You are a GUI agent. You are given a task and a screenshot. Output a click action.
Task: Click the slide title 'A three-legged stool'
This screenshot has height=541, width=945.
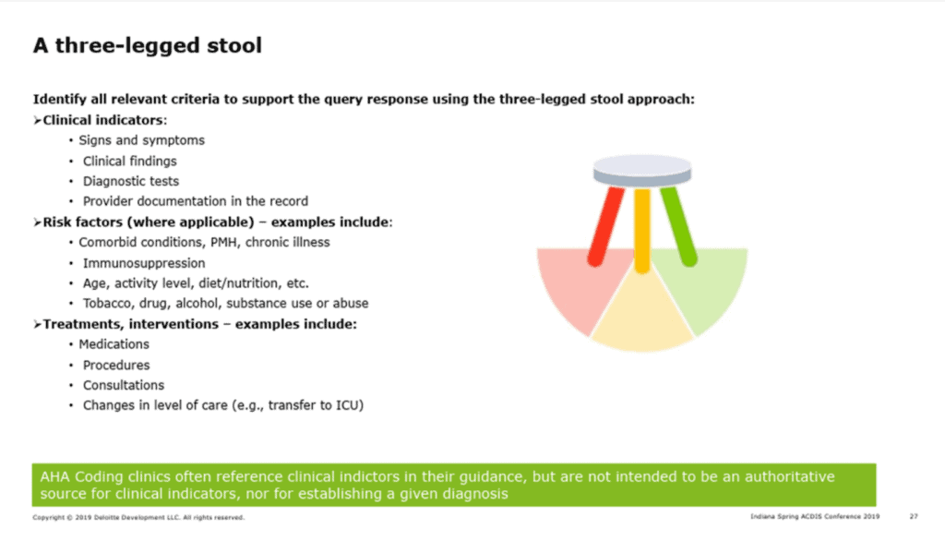[148, 45]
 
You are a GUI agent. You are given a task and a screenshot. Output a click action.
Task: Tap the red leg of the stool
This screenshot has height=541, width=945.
[605, 227]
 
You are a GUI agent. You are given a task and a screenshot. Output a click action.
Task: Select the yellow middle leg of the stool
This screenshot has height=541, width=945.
[642, 231]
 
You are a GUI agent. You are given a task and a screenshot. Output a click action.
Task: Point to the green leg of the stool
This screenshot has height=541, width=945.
[678, 226]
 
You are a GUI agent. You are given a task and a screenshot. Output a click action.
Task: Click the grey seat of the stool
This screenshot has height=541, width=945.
[642, 171]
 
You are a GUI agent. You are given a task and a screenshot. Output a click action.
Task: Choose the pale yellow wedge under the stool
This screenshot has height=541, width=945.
[642, 319]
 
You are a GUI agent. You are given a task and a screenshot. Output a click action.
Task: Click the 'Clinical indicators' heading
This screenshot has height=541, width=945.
[103, 120]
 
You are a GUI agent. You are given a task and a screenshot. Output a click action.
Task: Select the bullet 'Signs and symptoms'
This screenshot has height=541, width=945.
[141, 140]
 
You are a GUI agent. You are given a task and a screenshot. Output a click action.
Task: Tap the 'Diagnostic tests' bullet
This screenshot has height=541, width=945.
[131, 181]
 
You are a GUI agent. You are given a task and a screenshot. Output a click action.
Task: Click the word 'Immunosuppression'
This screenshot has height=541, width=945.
[144, 263]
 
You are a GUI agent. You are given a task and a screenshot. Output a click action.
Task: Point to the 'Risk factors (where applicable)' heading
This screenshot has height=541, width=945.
[149, 222]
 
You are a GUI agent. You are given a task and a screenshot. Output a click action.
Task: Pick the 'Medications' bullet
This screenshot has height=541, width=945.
[114, 343]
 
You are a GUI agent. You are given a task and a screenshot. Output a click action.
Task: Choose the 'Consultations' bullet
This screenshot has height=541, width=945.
[124, 385]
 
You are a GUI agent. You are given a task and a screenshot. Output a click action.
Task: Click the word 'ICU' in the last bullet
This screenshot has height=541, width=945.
[347, 405]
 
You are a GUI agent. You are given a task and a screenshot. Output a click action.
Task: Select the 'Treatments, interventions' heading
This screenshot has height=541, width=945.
[131, 324]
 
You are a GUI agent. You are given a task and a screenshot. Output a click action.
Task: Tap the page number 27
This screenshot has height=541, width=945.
[914, 516]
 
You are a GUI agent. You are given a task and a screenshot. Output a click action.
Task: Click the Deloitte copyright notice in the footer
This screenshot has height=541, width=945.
[138, 518]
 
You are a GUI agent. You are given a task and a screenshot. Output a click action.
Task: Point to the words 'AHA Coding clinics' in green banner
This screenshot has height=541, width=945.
[104, 476]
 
